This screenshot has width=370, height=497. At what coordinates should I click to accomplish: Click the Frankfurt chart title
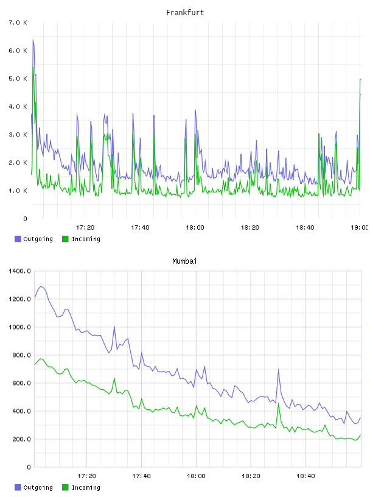[x=185, y=13]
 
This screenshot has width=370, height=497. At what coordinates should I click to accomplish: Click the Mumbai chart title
[x=184, y=261]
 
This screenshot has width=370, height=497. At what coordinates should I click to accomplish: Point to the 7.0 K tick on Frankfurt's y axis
[x=18, y=23]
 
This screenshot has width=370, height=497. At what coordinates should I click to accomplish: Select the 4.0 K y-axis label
[x=18, y=107]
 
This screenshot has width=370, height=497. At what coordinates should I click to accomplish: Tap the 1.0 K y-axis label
[x=18, y=191]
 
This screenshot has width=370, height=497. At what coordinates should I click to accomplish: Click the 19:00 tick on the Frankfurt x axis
[x=360, y=227]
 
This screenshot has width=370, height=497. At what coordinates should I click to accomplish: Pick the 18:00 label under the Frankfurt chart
[x=195, y=227]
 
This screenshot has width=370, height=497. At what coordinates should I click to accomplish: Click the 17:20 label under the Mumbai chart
[x=86, y=476]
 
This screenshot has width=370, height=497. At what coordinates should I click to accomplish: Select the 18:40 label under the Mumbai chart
[x=305, y=476]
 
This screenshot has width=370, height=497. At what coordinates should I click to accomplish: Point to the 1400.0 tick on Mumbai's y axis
[x=19, y=271]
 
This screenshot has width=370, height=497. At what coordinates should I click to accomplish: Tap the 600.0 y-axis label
[x=21, y=383]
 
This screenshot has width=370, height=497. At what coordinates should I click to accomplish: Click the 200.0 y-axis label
[x=21, y=439]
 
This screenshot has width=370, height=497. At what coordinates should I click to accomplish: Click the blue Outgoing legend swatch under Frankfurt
[x=18, y=239]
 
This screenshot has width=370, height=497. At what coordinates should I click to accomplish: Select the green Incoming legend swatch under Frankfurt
[x=65, y=239]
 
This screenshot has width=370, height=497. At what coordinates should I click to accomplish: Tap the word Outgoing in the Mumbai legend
[x=38, y=487]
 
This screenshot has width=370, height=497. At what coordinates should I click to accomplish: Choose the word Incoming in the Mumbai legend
[x=86, y=487]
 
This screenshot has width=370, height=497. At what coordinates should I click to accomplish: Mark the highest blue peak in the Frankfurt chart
[x=33, y=39]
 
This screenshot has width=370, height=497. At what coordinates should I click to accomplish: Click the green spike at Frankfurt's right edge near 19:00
[x=360, y=79]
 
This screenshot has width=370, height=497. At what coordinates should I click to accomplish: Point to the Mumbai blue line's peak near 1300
[x=40, y=286]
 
